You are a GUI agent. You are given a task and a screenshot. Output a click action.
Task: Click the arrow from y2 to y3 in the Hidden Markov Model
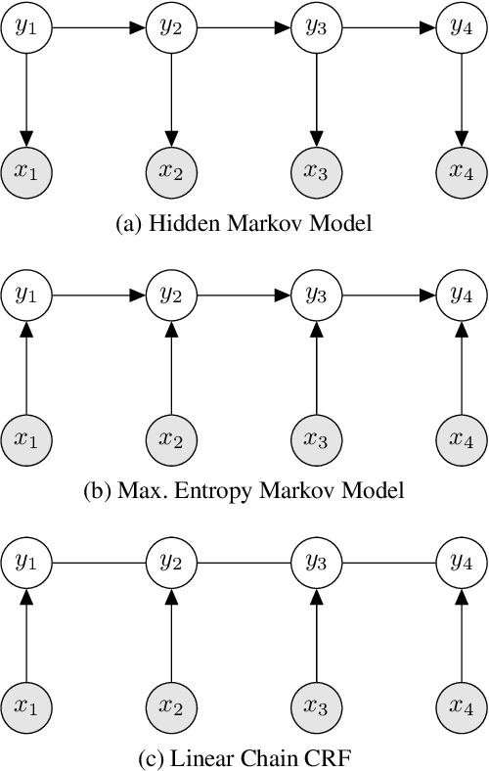pos(244,26)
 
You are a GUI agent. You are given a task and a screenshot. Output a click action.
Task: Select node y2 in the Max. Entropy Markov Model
pos(171,293)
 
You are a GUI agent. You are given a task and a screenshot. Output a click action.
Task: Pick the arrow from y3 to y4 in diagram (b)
pos(387,293)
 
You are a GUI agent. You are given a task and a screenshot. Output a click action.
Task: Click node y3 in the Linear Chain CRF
pos(316,562)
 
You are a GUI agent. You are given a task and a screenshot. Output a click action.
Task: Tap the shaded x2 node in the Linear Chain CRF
pos(171,704)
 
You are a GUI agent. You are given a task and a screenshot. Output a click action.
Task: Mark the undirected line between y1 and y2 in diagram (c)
pos(99,562)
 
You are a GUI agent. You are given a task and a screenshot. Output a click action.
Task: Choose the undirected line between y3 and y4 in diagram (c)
pos(387,562)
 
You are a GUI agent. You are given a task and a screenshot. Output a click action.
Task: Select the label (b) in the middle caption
pos(95,491)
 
